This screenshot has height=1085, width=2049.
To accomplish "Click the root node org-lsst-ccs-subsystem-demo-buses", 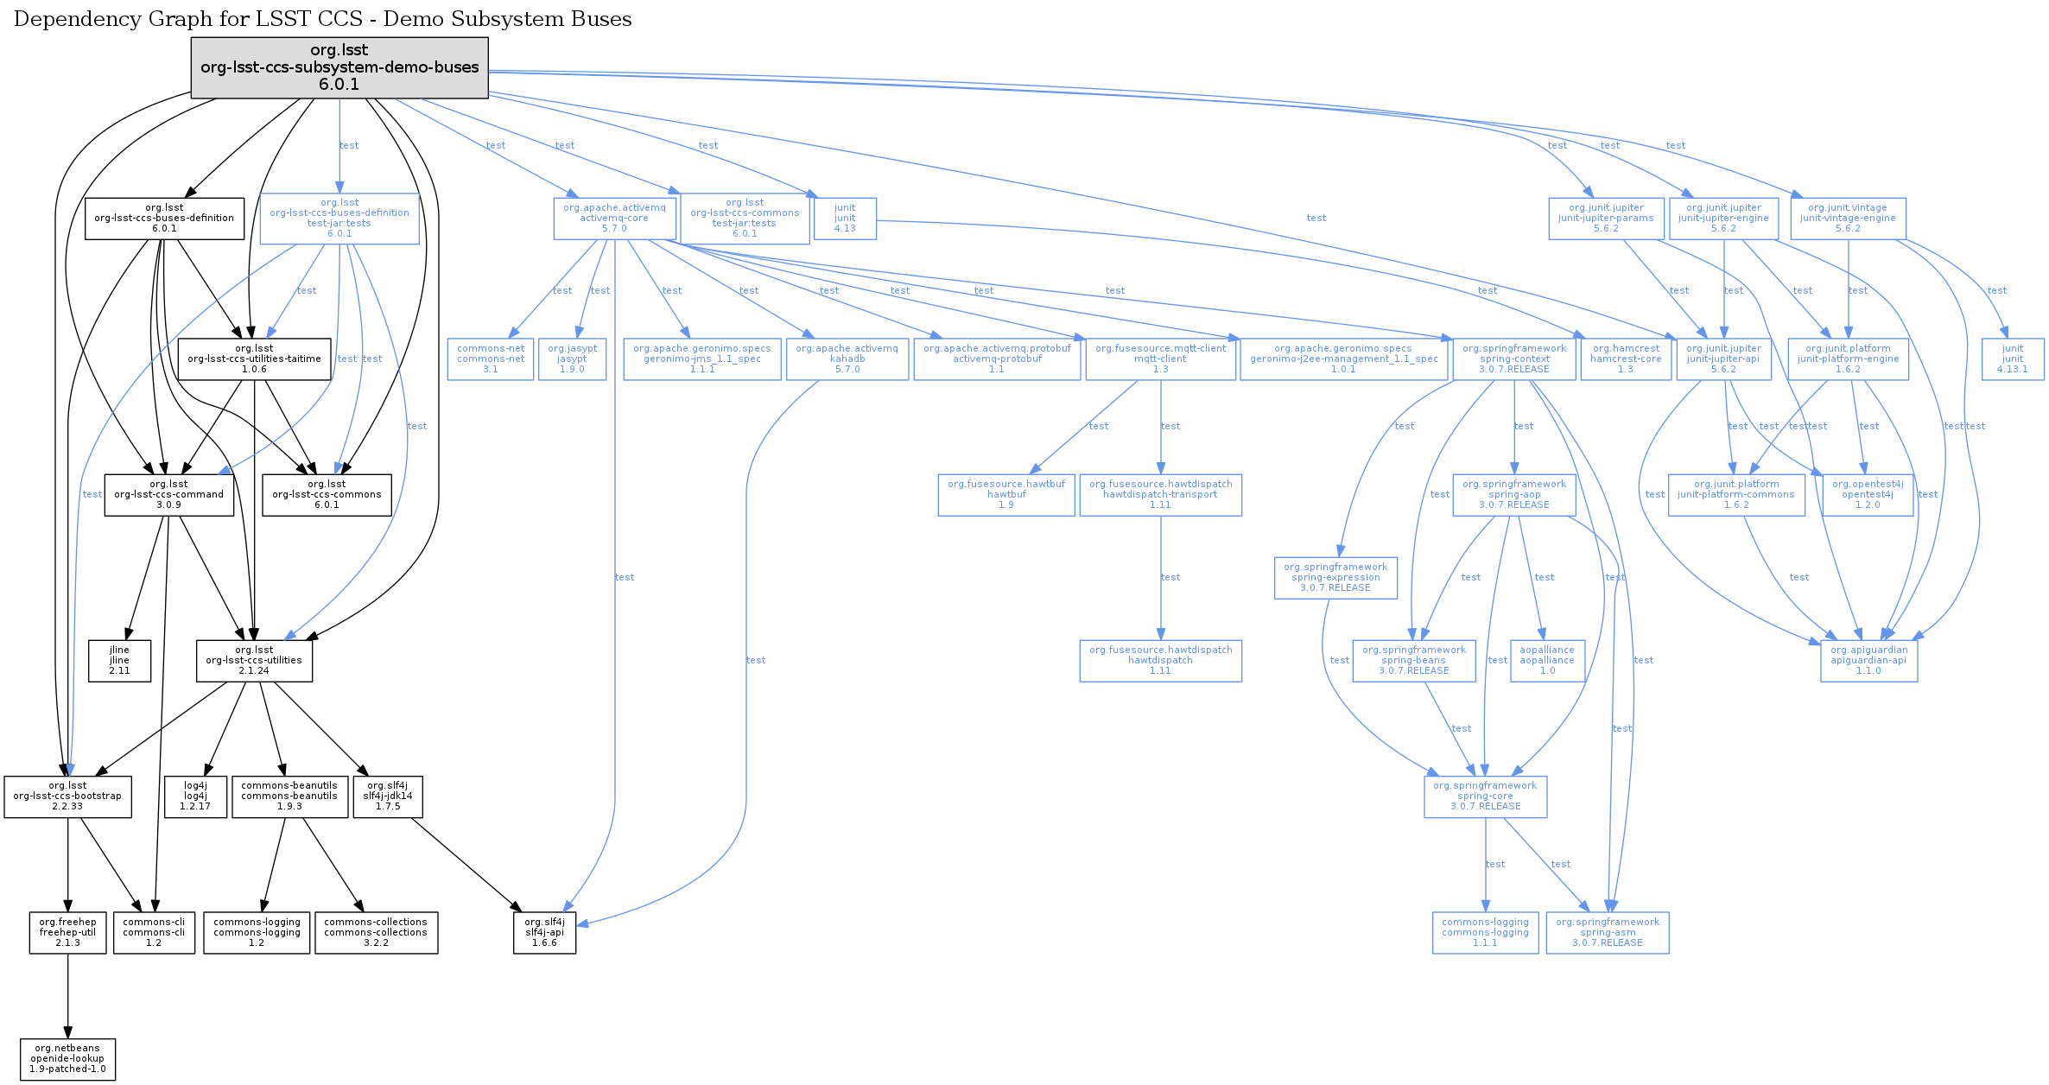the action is coord(339,67).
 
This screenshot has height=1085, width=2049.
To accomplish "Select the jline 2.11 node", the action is coord(119,661).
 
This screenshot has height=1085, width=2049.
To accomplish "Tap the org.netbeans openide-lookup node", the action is coord(67,1059).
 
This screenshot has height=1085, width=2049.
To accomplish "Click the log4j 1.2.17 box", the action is coord(195,796).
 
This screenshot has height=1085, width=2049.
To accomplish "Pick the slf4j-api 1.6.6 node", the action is coord(544,933).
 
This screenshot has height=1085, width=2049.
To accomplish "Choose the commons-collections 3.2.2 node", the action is coord(376,933).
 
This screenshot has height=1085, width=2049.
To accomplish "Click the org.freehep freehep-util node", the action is coord(67,933).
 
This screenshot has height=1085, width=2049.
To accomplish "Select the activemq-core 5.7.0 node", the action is coord(614,219).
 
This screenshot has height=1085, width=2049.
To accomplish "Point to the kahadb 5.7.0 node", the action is coord(847,359).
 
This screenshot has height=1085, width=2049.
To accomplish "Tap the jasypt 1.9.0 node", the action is coord(572,359).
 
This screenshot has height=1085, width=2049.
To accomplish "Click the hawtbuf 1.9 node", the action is coord(1006,495).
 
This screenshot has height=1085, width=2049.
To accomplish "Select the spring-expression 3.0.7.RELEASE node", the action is coord(1335,578).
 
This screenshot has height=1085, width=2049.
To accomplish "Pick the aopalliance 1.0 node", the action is coord(1547,661).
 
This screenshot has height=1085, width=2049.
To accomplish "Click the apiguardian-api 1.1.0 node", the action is coord(1868,661).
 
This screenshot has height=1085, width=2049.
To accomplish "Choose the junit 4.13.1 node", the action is coord(2013,359).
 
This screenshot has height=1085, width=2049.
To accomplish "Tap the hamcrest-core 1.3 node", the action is coord(1626,359).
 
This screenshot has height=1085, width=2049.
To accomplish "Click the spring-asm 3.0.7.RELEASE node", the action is coord(1608,933).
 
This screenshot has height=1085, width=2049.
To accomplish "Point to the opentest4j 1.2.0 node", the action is coord(1868,495).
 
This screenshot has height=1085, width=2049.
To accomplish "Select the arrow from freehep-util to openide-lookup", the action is coord(67,996).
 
